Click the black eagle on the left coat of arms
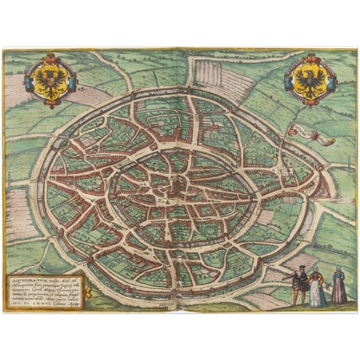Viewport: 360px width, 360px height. (44, 81)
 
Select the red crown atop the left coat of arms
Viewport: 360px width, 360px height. (44, 59)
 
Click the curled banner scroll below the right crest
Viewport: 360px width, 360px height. (306, 132)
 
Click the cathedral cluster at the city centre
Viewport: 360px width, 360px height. (177, 183)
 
